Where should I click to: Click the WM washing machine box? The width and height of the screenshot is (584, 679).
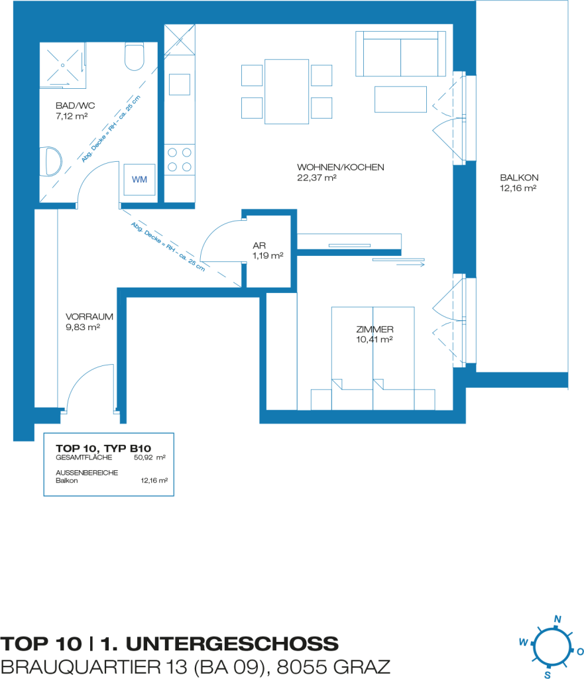[x=139, y=179]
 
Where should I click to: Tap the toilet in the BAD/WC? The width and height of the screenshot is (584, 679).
[x=134, y=57]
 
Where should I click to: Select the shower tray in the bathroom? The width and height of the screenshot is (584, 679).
[x=62, y=66]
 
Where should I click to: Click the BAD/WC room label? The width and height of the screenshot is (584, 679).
[x=76, y=105]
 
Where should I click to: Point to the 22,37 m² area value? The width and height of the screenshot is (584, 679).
[x=316, y=178]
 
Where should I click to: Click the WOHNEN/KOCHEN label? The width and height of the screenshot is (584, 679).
[x=340, y=167]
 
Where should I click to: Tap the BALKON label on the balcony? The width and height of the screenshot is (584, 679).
[x=519, y=178]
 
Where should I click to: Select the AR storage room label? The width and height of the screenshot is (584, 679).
[x=259, y=245]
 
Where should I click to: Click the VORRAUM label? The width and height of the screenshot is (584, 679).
[x=89, y=316]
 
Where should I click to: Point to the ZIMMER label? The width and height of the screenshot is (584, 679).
[x=375, y=330]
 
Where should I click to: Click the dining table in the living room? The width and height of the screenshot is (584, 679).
[x=286, y=92]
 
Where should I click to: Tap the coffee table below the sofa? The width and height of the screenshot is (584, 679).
[x=400, y=99]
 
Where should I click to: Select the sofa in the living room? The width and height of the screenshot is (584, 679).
[x=400, y=54]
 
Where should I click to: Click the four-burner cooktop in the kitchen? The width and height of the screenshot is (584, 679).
[x=180, y=159]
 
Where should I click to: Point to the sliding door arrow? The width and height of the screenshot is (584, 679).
[x=410, y=264]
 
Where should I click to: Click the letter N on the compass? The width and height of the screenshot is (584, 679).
[x=557, y=619]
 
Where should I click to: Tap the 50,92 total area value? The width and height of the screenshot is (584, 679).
[x=144, y=458]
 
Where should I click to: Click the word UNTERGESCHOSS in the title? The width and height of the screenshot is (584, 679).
[x=232, y=644]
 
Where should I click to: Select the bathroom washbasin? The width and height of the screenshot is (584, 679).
[x=51, y=162]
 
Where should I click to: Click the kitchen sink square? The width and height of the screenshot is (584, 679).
[x=180, y=84]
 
